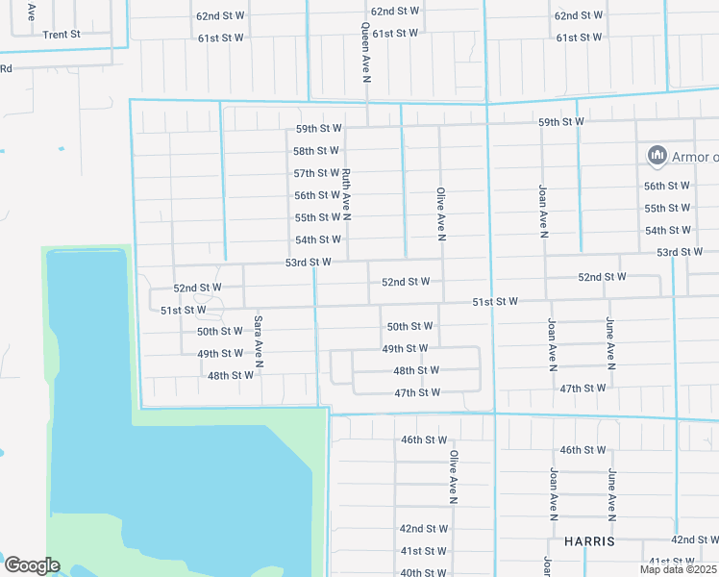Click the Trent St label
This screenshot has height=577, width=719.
click(x=62, y=34)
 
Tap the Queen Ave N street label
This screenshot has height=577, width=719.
click(x=365, y=53)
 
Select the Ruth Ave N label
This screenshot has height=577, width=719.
click(x=346, y=193)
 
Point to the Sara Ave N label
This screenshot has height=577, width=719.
click(x=259, y=342)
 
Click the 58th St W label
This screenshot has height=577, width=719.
click(x=316, y=151)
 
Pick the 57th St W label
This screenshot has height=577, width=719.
click(x=316, y=173)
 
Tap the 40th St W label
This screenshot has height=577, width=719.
click(x=424, y=572)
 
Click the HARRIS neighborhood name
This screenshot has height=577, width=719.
click(x=589, y=541)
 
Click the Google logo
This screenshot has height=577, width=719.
click(x=32, y=565)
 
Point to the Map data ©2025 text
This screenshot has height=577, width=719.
click(x=679, y=569)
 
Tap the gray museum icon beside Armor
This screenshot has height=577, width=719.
click(x=657, y=155)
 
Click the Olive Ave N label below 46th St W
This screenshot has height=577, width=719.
click(x=453, y=477)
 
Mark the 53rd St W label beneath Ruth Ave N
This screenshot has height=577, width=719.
click(x=308, y=262)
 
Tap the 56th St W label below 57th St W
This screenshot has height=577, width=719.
click(x=317, y=195)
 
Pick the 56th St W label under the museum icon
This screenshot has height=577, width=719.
click(x=667, y=186)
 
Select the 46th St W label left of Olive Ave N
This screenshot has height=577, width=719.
click(x=424, y=439)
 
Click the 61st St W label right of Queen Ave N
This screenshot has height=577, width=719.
click(x=395, y=34)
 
